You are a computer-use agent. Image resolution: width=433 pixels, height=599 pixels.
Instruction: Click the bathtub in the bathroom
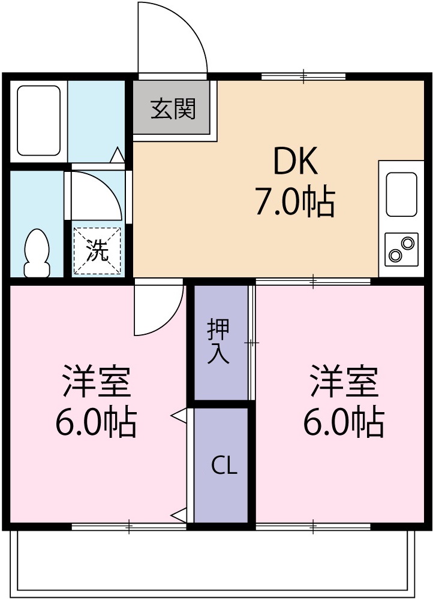click(x=39, y=120)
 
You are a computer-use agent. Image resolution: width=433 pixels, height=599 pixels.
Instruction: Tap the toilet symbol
click(x=37, y=252)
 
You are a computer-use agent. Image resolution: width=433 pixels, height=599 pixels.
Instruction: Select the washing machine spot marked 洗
click(x=97, y=250)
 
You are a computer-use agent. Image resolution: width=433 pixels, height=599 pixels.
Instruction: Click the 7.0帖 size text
click(x=294, y=202)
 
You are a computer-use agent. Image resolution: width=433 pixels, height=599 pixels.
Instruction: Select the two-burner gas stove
click(x=401, y=249)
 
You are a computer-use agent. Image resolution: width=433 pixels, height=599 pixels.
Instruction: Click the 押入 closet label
click(x=219, y=341)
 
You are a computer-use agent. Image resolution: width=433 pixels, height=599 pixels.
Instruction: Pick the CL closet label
click(x=224, y=466)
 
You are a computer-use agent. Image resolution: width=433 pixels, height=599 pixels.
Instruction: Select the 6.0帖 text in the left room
click(x=97, y=422)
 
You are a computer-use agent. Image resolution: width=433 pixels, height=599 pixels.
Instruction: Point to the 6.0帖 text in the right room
click(x=344, y=422)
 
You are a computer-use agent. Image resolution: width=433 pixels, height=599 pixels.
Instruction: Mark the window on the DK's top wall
click(x=303, y=76)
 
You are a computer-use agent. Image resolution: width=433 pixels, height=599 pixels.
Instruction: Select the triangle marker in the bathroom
click(x=118, y=156)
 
